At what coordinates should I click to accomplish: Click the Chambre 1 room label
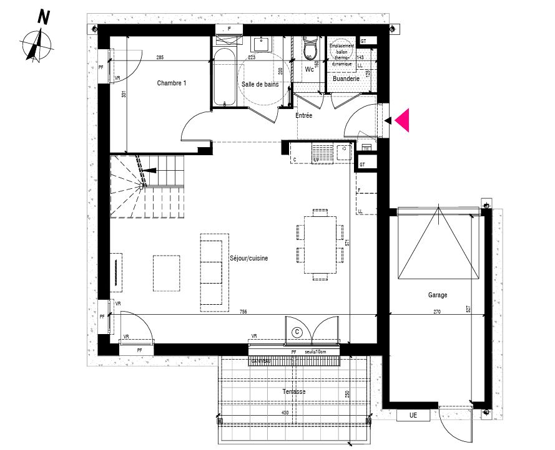tap(171, 83)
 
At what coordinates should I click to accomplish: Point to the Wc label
tap(309, 69)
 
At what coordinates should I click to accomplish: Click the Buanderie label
tap(346, 79)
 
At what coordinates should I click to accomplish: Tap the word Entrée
tap(304, 115)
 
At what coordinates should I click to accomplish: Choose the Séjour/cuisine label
tap(248, 258)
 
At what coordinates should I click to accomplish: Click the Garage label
tap(438, 295)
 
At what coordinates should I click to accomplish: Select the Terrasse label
tap(293, 391)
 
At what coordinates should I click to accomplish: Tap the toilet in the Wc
tap(309, 48)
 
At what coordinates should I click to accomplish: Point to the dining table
tap(320, 244)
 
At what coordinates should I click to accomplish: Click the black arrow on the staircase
tap(149, 170)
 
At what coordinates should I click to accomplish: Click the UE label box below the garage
tap(413, 415)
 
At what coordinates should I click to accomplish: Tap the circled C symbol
tap(298, 332)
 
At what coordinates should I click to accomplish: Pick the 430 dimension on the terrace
tap(285, 413)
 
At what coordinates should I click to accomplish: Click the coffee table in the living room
tap(167, 272)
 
